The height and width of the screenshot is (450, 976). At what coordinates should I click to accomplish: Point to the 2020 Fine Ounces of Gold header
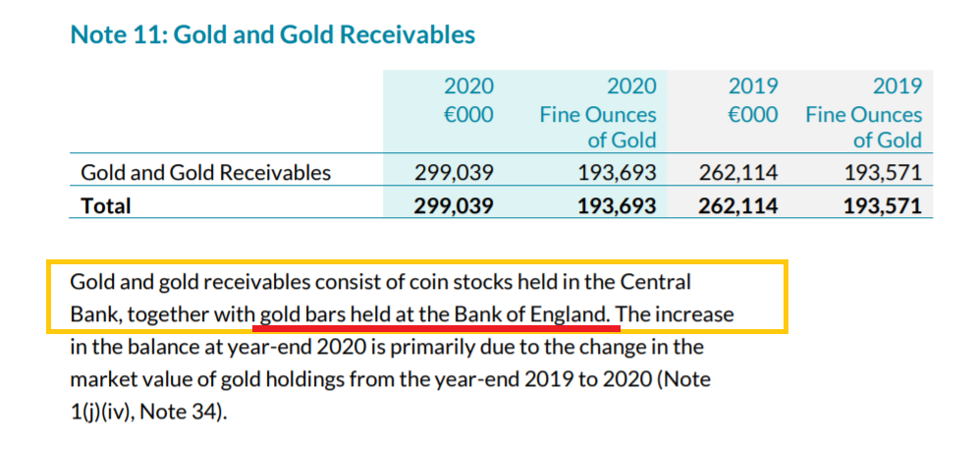click(597, 113)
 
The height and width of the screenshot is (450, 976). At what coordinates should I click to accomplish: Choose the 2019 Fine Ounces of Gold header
click(863, 113)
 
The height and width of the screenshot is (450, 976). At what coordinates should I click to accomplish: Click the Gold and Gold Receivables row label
click(205, 174)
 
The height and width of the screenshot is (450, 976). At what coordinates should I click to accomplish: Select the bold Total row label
click(106, 205)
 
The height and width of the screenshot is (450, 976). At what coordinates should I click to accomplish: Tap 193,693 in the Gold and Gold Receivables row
click(616, 174)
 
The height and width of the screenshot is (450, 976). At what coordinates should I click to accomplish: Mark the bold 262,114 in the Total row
click(737, 205)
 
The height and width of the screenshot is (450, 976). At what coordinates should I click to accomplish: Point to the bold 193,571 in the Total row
click(882, 205)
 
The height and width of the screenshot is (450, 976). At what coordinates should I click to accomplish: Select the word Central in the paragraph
click(657, 282)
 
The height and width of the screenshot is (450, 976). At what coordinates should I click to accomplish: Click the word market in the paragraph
click(104, 379)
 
